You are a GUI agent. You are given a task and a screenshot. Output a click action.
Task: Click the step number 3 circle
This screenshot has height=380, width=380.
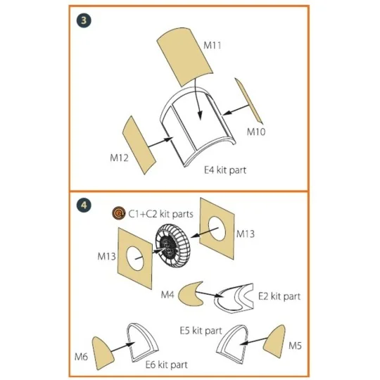85,20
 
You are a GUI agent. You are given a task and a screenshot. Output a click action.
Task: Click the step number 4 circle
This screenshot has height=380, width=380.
85,205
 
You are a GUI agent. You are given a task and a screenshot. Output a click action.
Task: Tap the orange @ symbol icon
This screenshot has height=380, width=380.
119,214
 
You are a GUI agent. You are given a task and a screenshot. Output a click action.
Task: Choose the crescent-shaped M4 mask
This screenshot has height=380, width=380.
187,293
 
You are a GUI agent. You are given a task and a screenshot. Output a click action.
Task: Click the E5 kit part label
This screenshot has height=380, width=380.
200,330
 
